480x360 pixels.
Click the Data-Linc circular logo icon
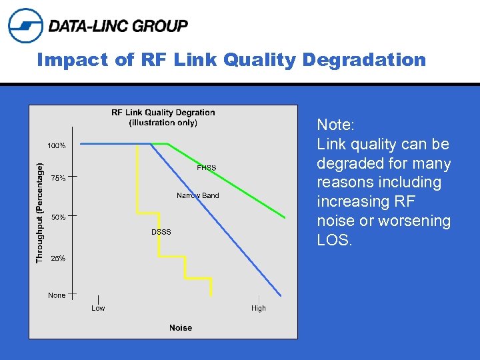click(x=25, y=25)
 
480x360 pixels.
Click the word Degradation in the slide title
click(x=363, y=60)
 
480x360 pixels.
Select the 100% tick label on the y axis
click(x=57, y=145)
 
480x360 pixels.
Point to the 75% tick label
click(x=57, y=178)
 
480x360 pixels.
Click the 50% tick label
click(x=57, y=217)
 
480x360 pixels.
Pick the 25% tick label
click(x=57, y=258)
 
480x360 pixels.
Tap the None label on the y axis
click(x=57, y=295)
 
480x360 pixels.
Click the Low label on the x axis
click(x=98, y=308)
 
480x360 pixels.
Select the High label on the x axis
click(x=259, y=308)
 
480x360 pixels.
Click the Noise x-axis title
click(x=181, y=327)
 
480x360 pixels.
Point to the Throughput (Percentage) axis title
click(x=40, y=212)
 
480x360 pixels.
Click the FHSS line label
click(x=206, y=168)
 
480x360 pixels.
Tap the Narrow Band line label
click(x=197, y=195)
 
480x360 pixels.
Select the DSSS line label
click(x=161, y=232)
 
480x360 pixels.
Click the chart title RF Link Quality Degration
click(x=163, y=113)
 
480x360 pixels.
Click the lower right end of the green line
click(x=285, y=217)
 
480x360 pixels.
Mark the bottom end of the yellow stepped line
click(x=211, y=294)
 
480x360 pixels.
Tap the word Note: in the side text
click(x=336, y=125)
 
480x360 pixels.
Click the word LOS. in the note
click(x=334, y=240)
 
